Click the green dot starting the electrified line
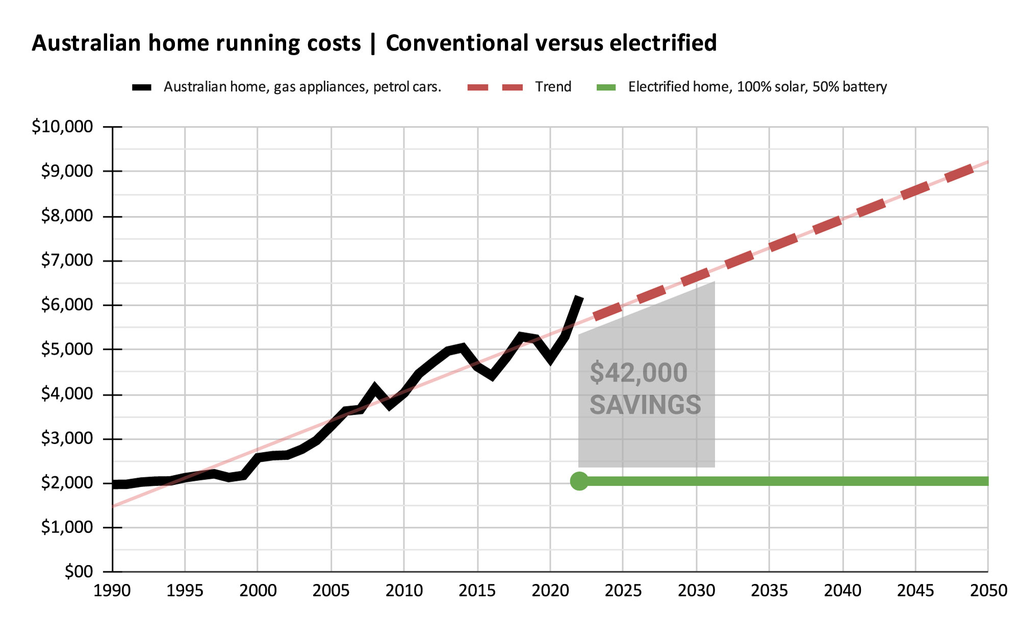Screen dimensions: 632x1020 579,481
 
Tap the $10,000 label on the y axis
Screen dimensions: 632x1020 62,126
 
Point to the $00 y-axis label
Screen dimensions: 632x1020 79,571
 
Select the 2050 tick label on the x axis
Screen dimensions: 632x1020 988,591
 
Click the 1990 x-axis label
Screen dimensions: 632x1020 112,591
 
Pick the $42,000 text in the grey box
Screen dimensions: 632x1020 639,373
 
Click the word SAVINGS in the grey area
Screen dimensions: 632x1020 645,405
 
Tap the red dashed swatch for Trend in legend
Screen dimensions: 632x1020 495,87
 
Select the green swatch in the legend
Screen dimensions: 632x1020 606,87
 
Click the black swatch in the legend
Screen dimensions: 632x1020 142,87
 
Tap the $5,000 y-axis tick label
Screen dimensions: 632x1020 67,349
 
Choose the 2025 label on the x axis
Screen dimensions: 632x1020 623,591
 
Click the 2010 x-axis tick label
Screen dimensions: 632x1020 404,591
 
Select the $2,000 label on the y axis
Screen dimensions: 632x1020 67,482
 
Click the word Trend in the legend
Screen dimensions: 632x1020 553,87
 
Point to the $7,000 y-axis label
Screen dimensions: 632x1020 67,260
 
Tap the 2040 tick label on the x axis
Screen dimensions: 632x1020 843,591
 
